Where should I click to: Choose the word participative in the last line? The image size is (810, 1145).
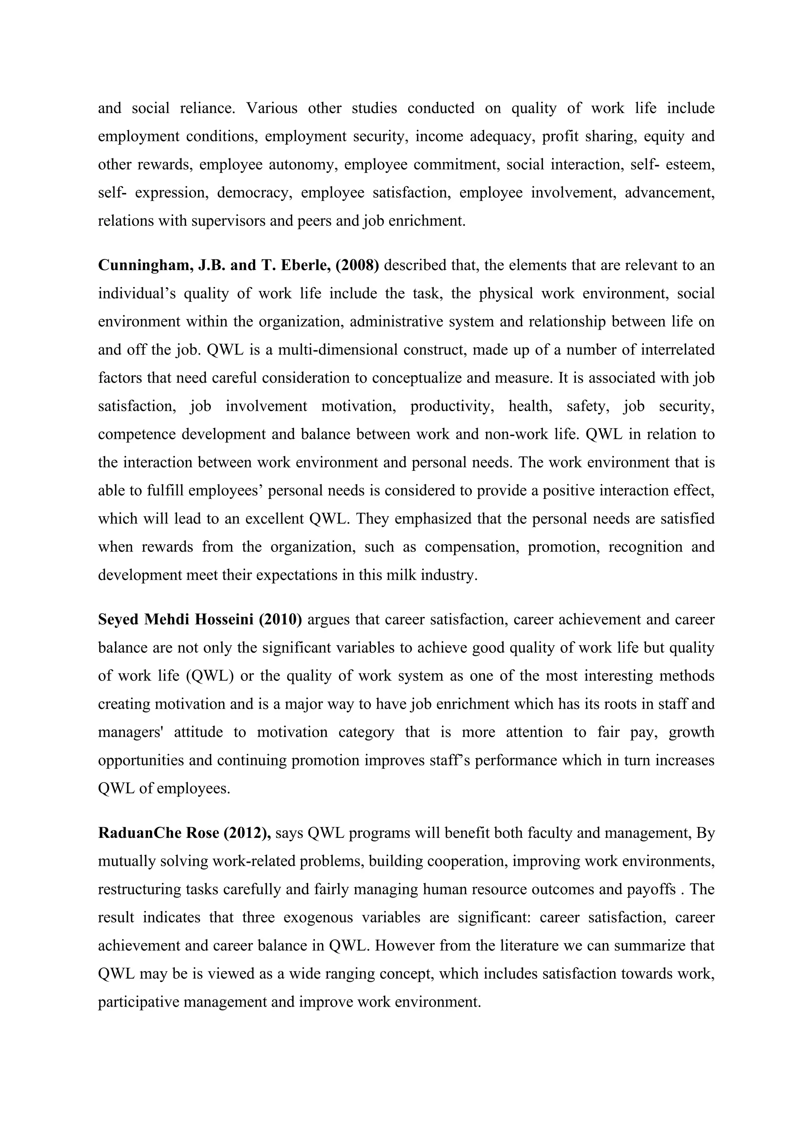pyautogui.click(x=138, y=1002)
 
